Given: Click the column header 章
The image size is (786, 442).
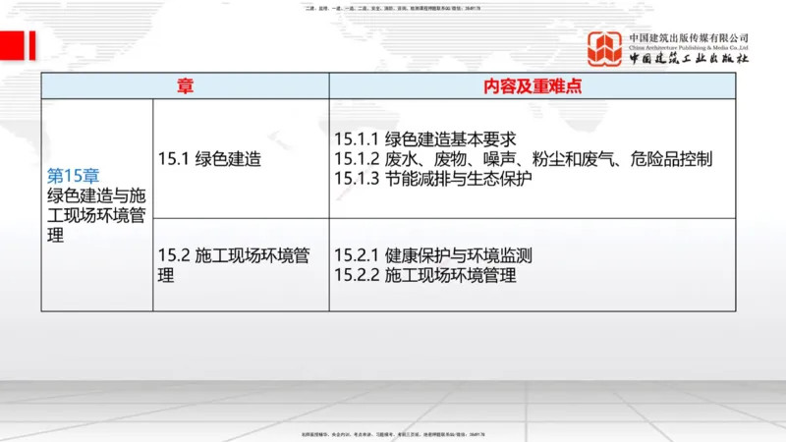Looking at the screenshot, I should (185, 85).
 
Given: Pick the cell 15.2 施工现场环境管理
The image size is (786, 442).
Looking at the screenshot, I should (234, 265).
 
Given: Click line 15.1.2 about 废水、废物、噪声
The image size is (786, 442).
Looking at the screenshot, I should (523, 158).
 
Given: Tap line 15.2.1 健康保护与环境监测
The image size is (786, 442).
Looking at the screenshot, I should (432, 255).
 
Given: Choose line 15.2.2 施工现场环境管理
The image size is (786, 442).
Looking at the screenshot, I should (424, 275).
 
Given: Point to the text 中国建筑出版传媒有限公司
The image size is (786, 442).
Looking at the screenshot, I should (689, 35).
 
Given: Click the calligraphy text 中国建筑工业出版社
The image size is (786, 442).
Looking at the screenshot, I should (689, 58).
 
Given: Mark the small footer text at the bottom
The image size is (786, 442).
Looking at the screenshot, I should (393, 433).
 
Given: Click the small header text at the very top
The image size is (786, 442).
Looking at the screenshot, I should (393, 9).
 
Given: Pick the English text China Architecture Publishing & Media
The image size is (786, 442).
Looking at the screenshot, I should (689, 45).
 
